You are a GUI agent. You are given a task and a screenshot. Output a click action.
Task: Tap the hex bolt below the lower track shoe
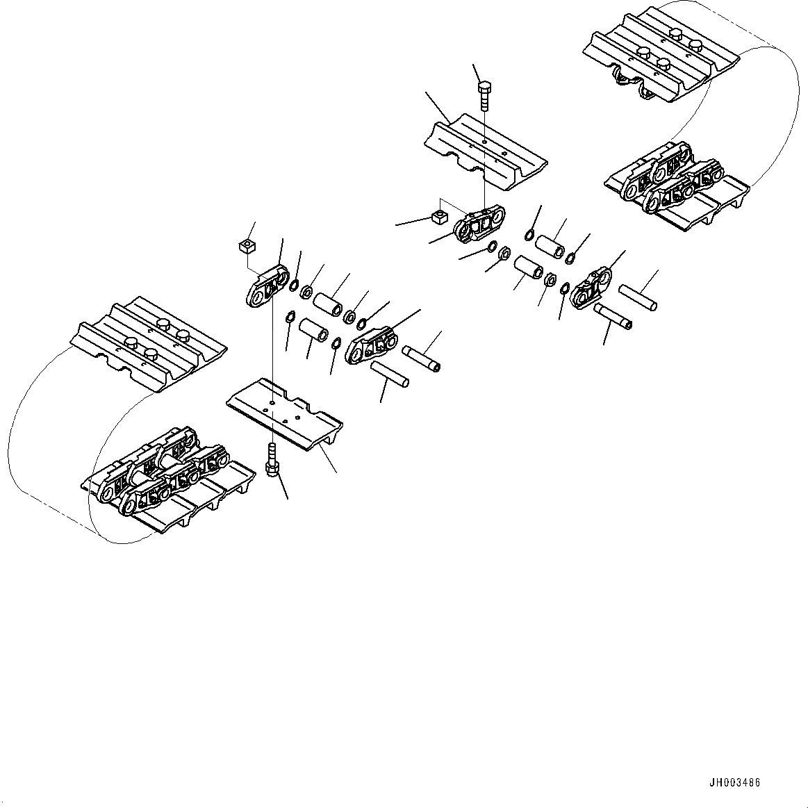(272, 461)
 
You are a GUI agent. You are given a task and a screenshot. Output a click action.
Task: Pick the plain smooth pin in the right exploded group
(636, 297)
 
